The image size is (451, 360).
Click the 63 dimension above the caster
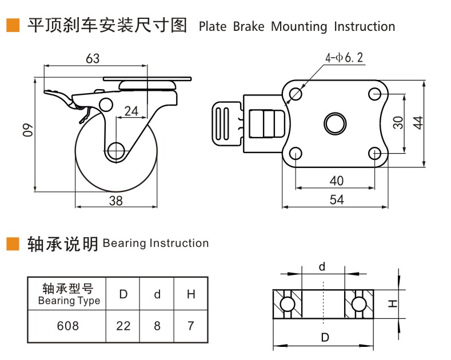point(93,59)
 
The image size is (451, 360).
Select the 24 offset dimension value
point(131,111)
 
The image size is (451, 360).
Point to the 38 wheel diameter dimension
point(116,201)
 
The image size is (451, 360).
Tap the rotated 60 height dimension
point(28,130)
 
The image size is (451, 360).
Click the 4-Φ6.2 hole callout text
point(344,58)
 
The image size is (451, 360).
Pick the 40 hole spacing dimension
point(337,181)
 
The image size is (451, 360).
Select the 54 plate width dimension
point(337,199)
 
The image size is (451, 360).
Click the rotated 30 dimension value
point(398,123)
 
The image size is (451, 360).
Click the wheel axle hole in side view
point(116,150)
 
